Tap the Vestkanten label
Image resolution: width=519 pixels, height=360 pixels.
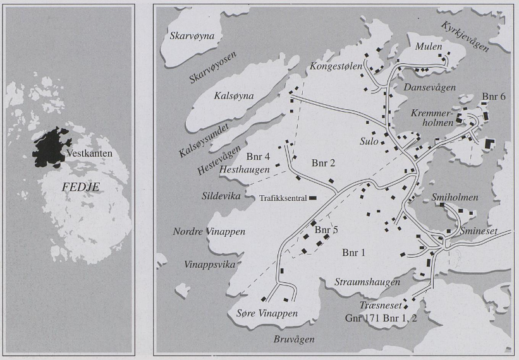tap(89, 153)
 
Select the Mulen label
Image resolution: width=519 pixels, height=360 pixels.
tap(429, 47)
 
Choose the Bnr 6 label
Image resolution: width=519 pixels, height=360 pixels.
tap(493, 96)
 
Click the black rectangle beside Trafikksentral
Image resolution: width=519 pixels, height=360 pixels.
tap(312, 198)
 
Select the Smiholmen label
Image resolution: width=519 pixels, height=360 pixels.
tap(455, 198)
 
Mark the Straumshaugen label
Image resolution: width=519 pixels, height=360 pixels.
tap(358, 281)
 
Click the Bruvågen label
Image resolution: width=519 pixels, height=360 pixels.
tap(294, 339)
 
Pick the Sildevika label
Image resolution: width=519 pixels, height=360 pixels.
tap(221, 196)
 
